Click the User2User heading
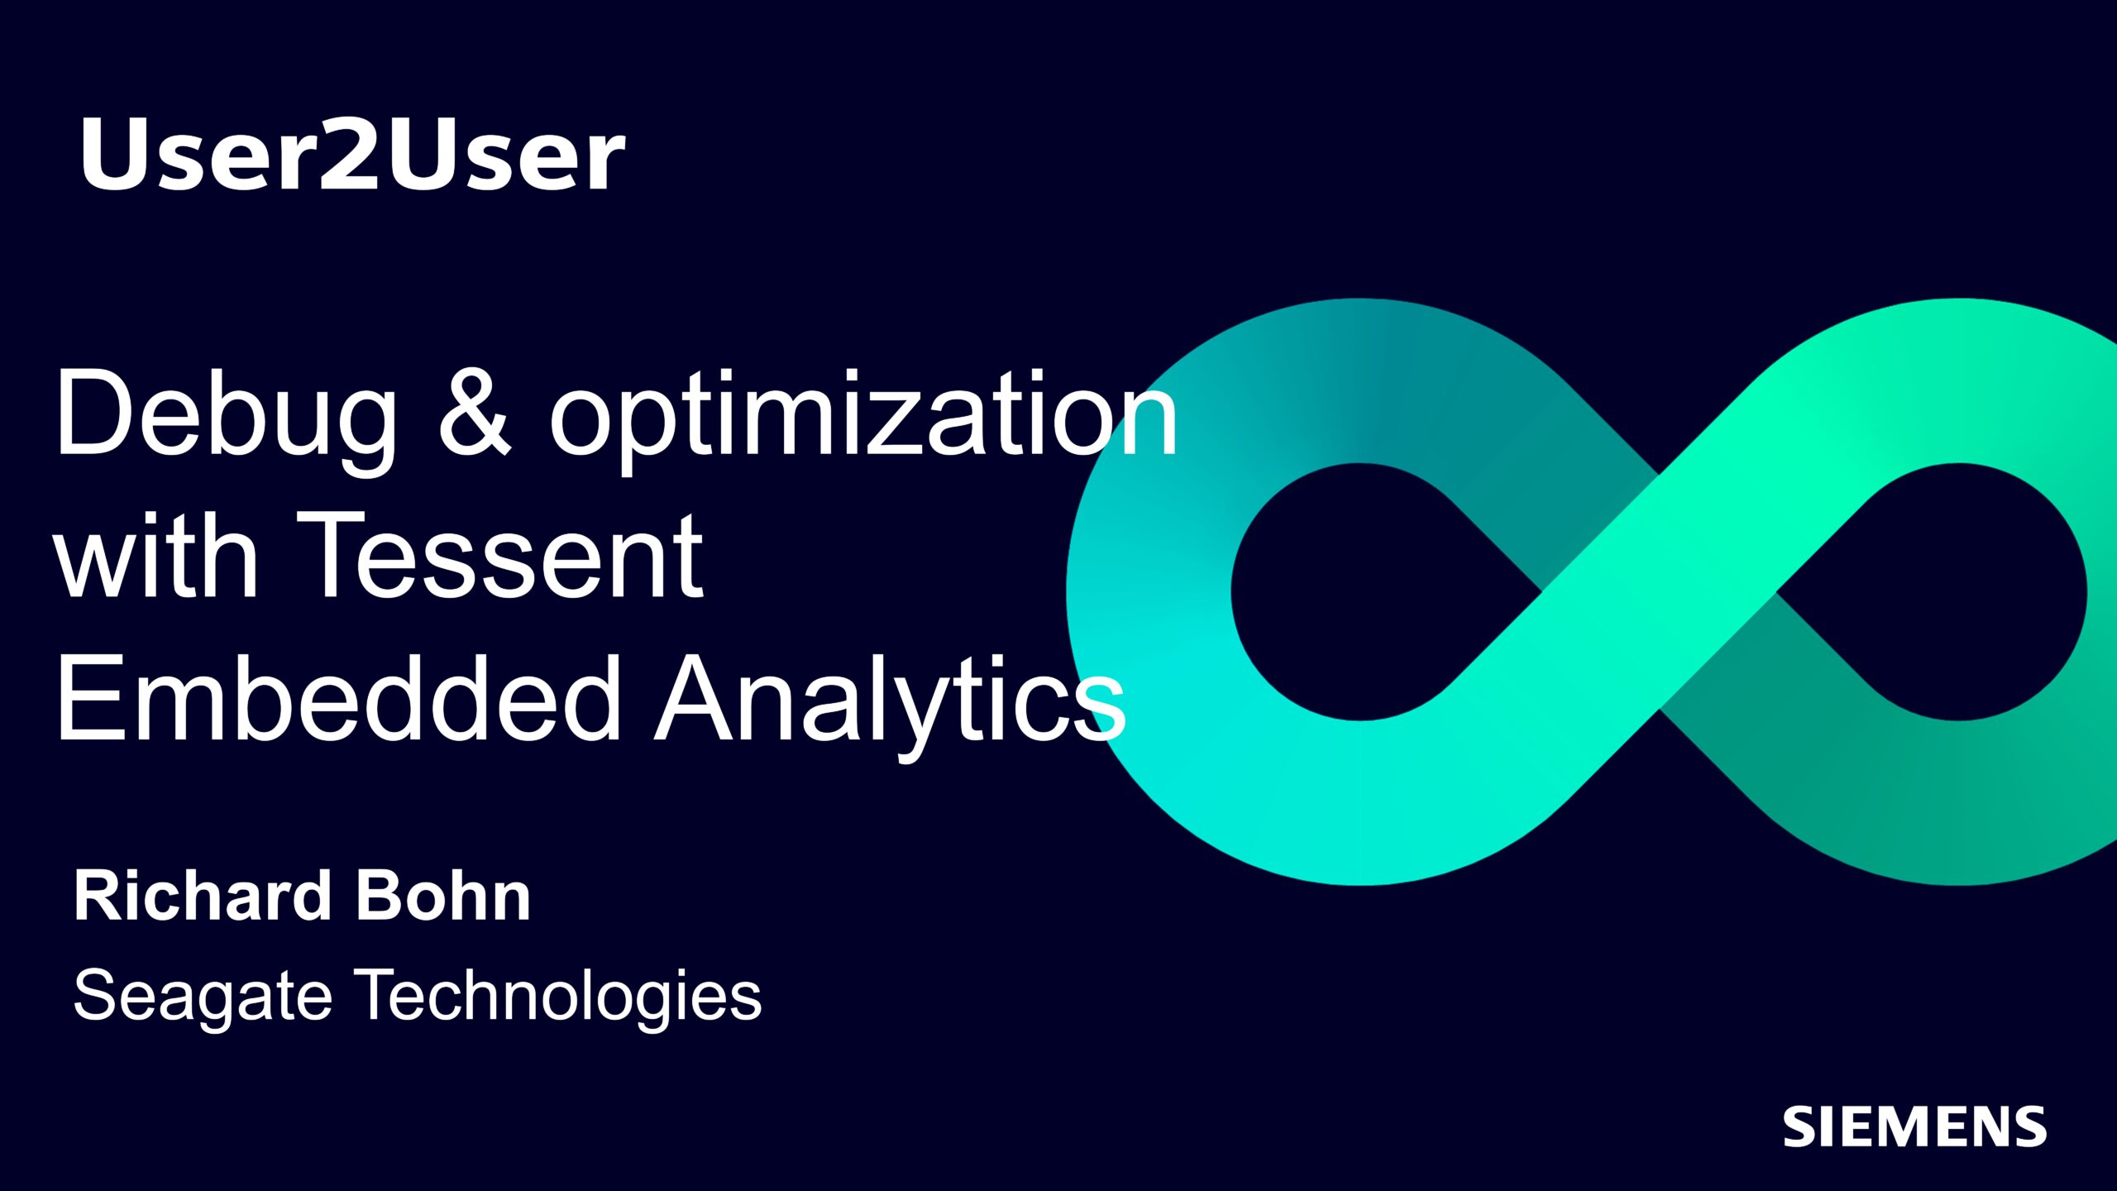pos(352,154)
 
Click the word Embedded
pos(338,696)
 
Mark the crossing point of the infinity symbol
pos(1659,592)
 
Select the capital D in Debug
pos(96,412)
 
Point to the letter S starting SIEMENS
pos(1801,1126)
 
